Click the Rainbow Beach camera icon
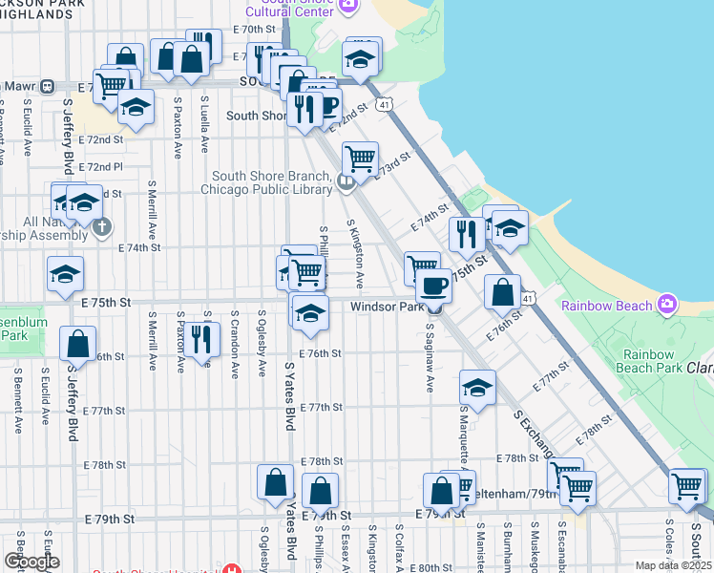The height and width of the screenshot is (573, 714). (x=667, y=306)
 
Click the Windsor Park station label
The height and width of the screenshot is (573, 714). (x=386, y=307)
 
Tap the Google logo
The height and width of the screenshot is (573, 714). (x=31, y=562)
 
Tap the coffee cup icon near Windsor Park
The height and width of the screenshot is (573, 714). (x=433, y=285)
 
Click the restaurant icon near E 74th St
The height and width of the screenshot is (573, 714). (x=466, y=233)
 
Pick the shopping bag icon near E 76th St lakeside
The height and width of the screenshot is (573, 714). (x=502, y=290)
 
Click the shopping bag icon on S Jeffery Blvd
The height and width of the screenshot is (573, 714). (x=77, y=343)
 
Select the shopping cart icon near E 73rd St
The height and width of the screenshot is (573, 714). (x=360, y=158)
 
